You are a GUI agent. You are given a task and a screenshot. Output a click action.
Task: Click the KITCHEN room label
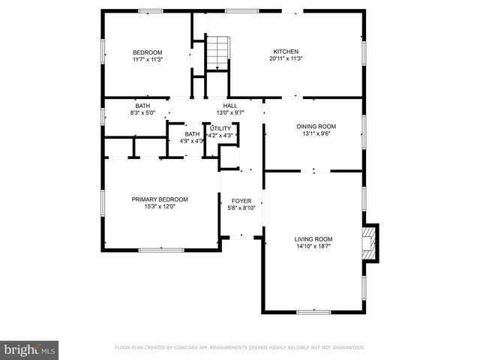pos(285,51)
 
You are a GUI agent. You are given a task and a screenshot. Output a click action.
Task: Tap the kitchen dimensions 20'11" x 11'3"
pos(285,58)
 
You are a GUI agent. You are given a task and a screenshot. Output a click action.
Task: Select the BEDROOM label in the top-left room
pos(148,51)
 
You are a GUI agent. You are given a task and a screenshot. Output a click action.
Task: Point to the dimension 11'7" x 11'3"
pos(148,58)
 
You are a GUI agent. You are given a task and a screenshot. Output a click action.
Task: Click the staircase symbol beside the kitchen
pos(217,52)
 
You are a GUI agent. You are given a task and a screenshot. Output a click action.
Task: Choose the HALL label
pos(230,106)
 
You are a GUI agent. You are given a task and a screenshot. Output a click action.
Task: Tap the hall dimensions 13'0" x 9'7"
pos(230,113)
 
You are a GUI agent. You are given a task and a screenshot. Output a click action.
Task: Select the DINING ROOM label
pos(316,127)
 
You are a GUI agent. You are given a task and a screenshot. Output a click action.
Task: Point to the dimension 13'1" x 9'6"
pos(316,134)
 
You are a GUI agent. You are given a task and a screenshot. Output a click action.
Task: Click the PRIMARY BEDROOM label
pos(160,199)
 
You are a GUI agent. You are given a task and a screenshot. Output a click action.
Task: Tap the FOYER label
pos(241,201)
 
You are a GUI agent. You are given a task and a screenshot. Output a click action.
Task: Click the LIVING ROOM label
pos(313,238)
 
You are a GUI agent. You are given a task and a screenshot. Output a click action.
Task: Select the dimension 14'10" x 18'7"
pos(313,246)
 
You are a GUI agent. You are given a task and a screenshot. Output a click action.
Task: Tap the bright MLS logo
pos(30,349)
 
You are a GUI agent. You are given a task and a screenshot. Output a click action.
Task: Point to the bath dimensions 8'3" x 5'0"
pos(142,113)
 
